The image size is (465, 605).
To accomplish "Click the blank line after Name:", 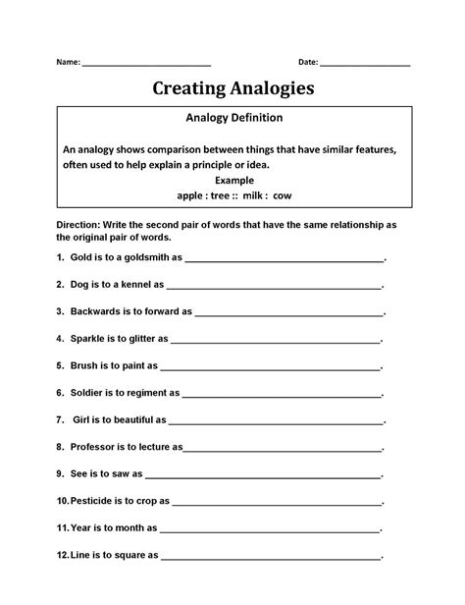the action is coord(146,65).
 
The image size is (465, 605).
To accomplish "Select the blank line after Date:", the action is coord(365,65).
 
